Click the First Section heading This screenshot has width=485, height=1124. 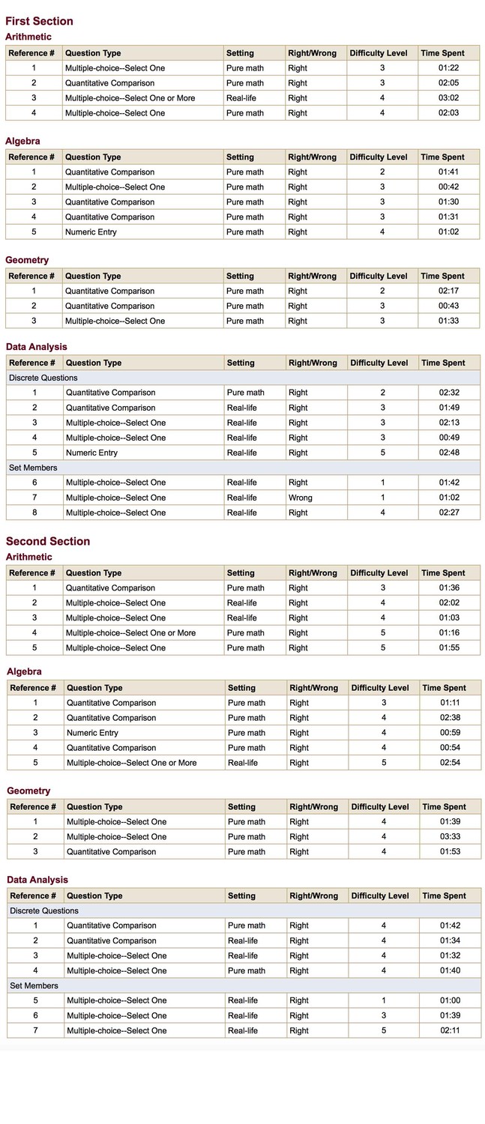click(39, 22)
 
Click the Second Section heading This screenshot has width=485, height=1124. click(48, 542)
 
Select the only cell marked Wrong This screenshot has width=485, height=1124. click(301, 498)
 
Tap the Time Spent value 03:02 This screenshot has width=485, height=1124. click(448, 98)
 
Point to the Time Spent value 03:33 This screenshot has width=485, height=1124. click(450, 837)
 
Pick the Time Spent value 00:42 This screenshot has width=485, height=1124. click(448, 187)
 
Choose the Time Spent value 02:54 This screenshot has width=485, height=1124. click(450, 763)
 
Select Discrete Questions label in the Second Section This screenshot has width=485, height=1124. click(44, 911)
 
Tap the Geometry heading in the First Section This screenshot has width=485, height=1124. click(27, 261)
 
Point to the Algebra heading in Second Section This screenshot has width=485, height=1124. click(24, 672)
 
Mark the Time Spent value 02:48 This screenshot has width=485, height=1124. click(448, 453)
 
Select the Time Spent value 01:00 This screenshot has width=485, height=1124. click(450, 1000)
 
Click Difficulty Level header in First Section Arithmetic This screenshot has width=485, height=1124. click(379, 53)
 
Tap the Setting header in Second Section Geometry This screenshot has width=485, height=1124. click(241, 807)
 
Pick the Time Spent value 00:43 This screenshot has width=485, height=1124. click(448, 306)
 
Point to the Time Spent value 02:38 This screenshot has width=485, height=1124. click(450, 718)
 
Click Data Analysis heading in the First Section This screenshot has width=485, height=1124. click(36, 347)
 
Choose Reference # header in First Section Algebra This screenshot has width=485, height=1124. click(31, 157)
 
